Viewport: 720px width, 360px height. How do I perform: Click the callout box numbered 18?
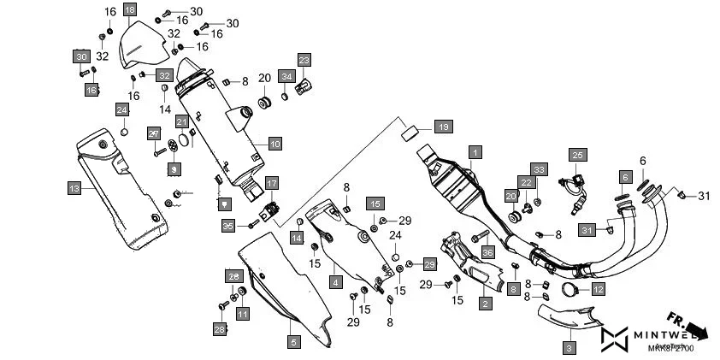(x=129, y=10)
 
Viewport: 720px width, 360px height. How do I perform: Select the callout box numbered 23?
(x=304, y=59)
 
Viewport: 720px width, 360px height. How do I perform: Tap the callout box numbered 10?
(x=274, y=144)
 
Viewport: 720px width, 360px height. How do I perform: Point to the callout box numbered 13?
(x=74, y=186)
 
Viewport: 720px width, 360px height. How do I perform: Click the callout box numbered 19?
(x=443, y=127)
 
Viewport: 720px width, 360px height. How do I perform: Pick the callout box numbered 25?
(x=579, y=155)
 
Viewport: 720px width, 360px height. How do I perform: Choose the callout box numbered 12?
(x=598, y=290)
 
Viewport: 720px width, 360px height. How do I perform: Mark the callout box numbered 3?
(x=570, y=348)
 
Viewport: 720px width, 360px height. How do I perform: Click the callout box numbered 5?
(x=293, y=342)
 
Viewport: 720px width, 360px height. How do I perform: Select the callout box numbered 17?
(x=271, y=183)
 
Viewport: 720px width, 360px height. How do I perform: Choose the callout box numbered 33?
(x=538, y=168)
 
